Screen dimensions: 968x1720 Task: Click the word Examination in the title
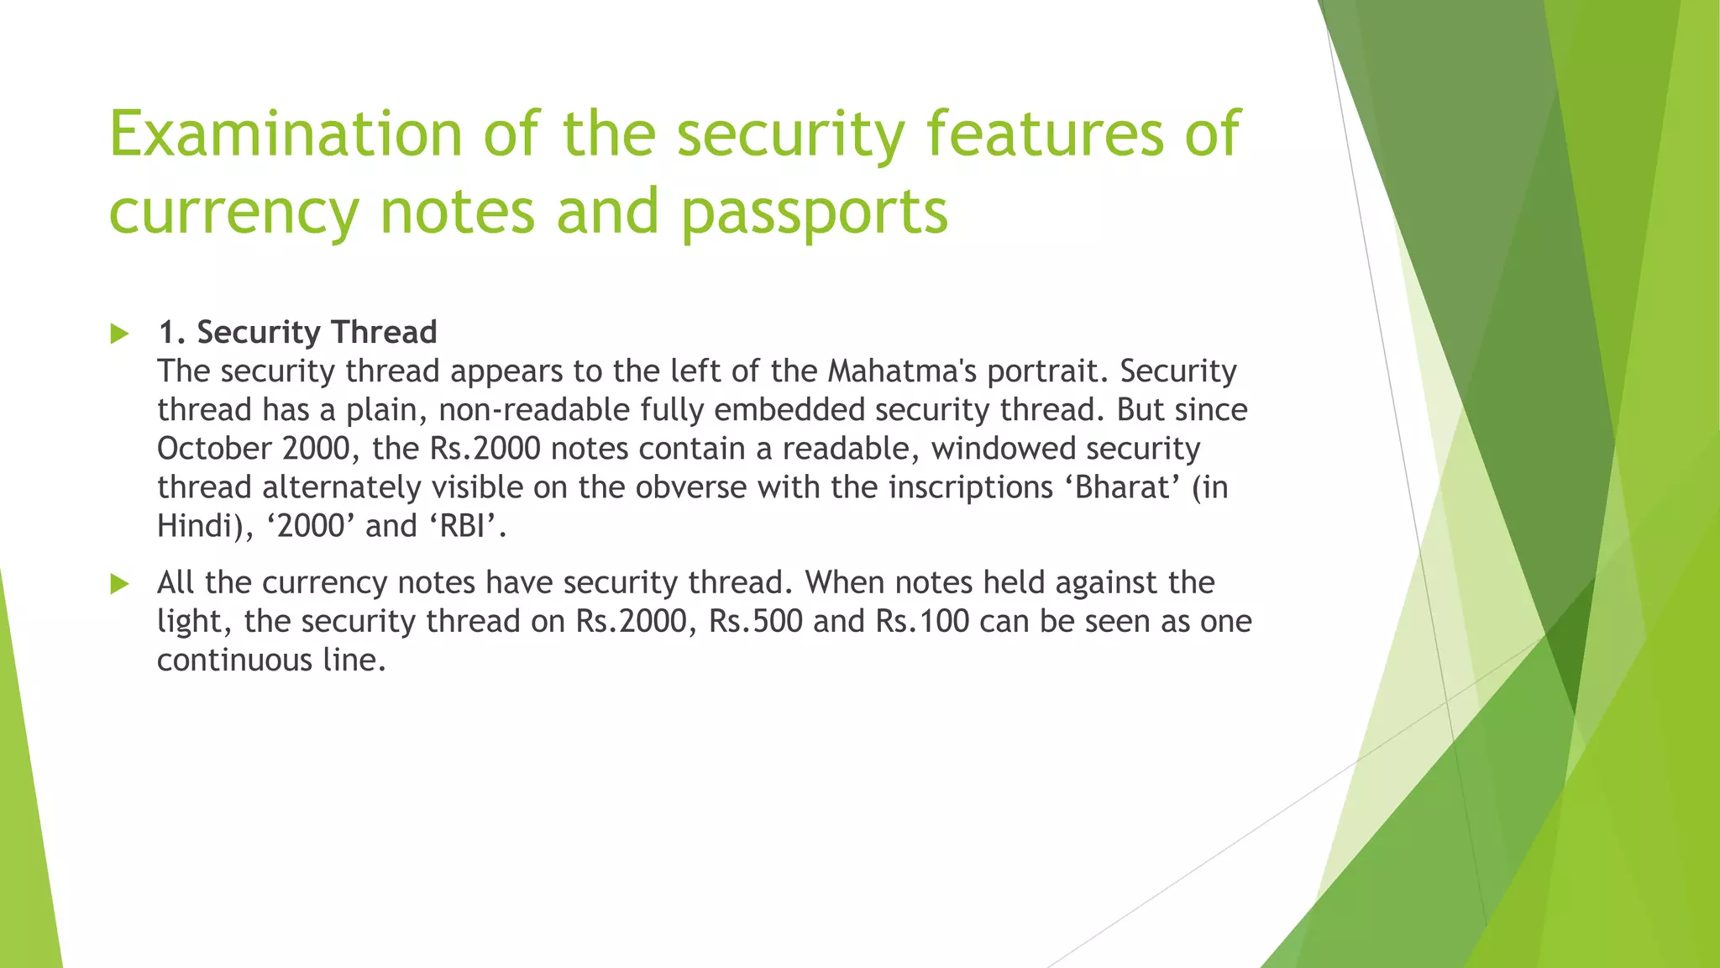286,134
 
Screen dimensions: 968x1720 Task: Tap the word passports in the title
814,212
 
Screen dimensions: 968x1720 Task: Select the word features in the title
1045,134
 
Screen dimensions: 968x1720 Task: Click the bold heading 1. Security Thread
297,333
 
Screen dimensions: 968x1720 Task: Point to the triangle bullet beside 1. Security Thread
120,334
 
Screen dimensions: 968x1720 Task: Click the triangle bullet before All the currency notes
120,584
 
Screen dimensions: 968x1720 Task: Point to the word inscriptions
970,487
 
